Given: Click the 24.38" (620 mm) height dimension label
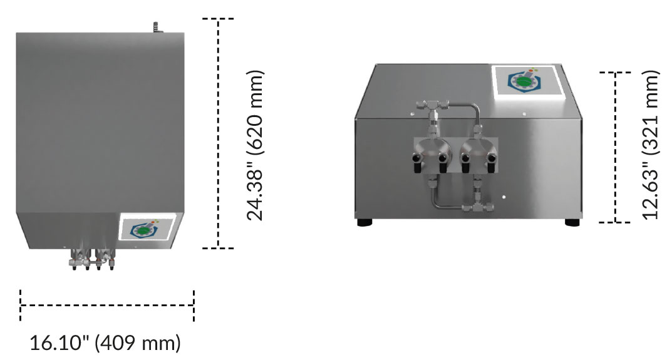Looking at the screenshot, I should click(x=254, y=144).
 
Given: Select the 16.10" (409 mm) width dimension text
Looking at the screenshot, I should click(x=105, y=343).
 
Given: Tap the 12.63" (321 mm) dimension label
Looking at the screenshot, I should click(x=651, y=144).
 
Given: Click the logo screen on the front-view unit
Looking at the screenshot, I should click(x=525, y=80).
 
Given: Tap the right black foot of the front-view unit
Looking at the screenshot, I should click(x=572, y=222).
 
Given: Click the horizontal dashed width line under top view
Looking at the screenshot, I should click(x=107, y=306).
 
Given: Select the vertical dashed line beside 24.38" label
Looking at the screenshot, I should click(x=218, y=133).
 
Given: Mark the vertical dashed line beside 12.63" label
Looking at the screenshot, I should click(x=616, y=147).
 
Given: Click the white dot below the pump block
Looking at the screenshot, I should click(x=504, y=198).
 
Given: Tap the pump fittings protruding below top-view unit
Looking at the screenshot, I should click(x=93, y=259).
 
